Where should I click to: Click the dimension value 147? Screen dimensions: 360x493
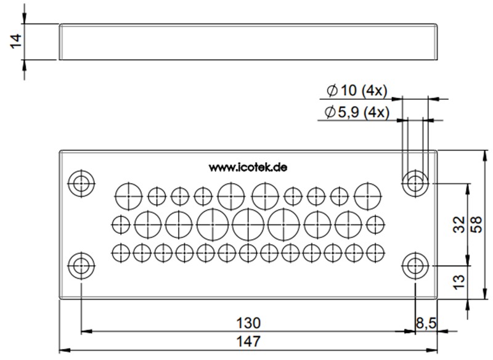tap(248, 341)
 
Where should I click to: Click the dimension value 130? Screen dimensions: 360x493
tap(248, 322)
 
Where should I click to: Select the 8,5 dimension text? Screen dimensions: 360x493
tap(426, 322)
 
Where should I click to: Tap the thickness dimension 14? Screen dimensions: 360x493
tap(16, 42)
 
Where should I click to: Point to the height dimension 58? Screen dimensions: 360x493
tap(476, 225)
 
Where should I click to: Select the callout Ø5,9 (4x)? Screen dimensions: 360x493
tap(356, 112)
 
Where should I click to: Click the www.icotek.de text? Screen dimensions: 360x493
tap(248, 167)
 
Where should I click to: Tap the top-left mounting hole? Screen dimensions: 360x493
tap(81, 182)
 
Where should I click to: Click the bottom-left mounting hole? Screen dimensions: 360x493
tap(81, 266)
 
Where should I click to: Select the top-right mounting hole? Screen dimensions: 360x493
tap(416, 182)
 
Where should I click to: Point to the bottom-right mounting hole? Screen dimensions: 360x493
tap(416, 266)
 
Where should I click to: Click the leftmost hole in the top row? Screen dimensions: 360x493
tap(128, 195)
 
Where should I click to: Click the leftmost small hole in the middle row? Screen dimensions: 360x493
tap(121, 224)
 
